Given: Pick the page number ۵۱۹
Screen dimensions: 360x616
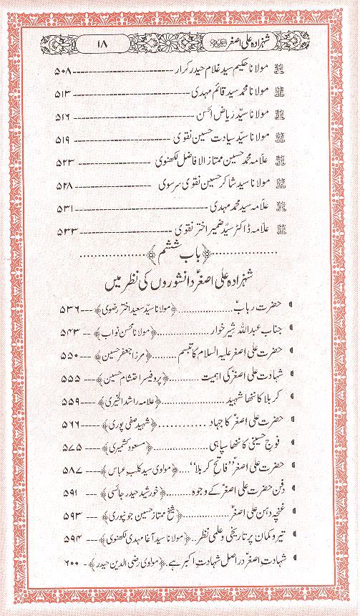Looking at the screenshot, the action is point(64,136).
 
